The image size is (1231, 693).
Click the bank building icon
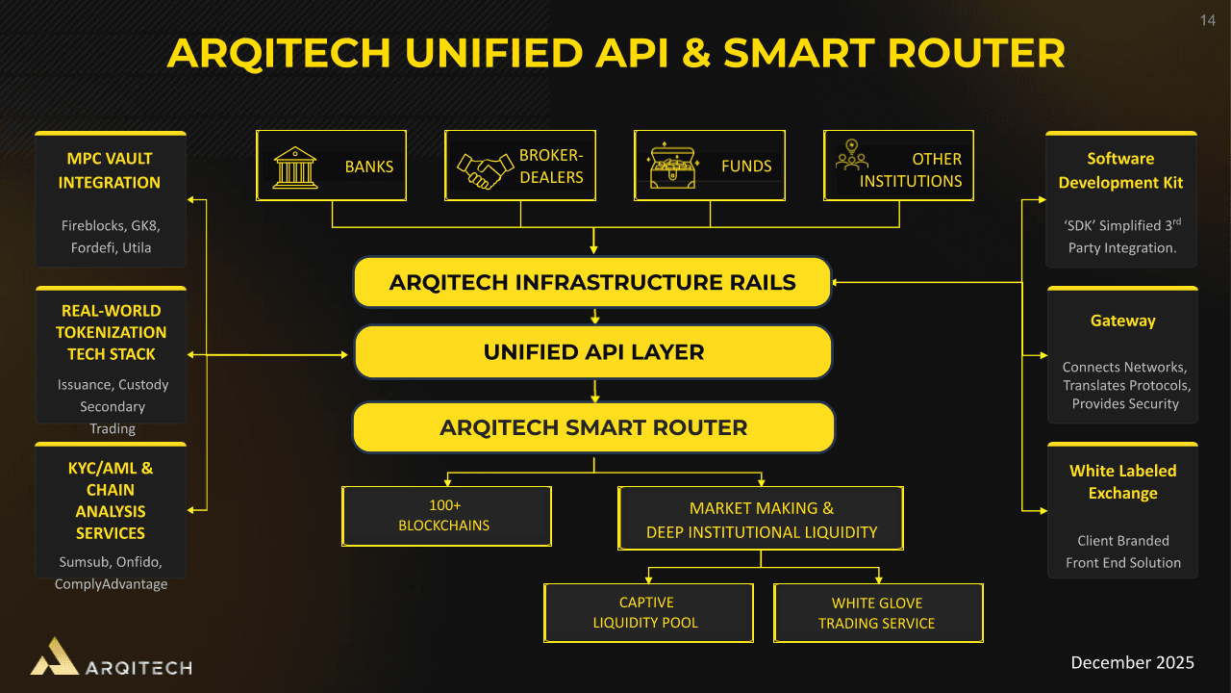[x=295, y=167]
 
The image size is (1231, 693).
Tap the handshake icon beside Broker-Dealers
[x=485, y=170]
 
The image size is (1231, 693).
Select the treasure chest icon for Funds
[x=673, y=167]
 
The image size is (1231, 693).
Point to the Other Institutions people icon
[x=851, y=155]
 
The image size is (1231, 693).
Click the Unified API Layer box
[x=593, y=352]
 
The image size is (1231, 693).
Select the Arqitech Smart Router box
[x=593, y=427]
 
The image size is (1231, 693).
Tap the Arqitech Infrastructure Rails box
[x=592, y=282]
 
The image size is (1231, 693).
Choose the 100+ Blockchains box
[x=446, y=516]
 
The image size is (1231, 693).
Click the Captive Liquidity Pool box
[x=648, y=613]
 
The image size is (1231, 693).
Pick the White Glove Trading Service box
[x=878, y=613]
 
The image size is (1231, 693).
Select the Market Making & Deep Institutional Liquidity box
[x=761, y=520]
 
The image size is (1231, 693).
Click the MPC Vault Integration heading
[x=110, y=170]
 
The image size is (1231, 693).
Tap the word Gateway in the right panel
[x=1122, y=321]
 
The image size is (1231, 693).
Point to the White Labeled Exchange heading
[x=1122, y=482]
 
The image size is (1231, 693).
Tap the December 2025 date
[x=1132, y=662]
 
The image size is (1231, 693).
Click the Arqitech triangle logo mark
[x=55, y=657]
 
